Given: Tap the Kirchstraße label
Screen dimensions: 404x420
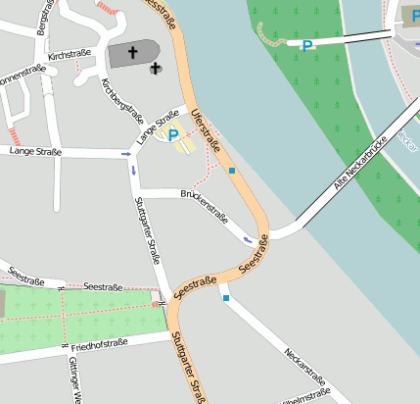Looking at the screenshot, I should [68, 57].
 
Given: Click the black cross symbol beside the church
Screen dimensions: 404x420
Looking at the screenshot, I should [155, 69].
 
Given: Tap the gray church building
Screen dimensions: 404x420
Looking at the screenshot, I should [132, 54].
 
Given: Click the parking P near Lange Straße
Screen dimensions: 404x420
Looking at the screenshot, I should [173, 135].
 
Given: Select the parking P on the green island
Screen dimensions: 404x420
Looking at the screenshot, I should [307, 45].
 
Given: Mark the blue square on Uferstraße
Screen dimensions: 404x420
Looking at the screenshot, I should [232, 171].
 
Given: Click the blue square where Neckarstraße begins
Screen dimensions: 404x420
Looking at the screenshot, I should [226, 298].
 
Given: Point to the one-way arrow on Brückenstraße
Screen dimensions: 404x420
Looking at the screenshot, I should [248, 238].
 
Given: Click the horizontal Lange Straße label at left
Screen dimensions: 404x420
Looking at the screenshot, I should [34, 152].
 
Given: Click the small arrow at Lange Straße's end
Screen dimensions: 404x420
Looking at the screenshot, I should [125, 154].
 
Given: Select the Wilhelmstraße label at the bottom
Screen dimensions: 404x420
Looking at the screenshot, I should [304, 397].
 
